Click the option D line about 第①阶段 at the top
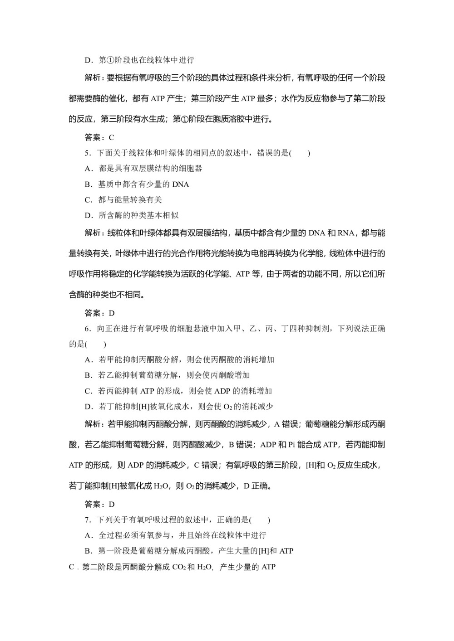point(139,60)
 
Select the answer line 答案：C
point(99,137)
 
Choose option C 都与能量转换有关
point(123,200)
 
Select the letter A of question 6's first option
point(88,360)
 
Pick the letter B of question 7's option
point(88,551)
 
